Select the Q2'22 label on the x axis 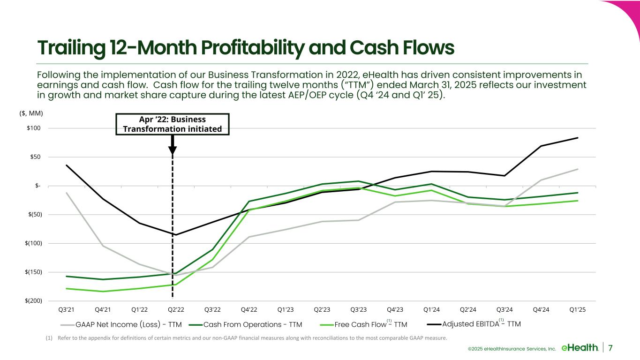click(x=176, y=309)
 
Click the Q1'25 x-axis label click(x=577, y=309)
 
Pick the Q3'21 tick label click(x=67, y=309)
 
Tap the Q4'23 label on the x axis click(x=395, y=309)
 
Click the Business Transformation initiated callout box click(x=172, y=124)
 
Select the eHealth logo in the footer click(x=580, y=347)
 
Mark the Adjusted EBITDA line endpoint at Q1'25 click(x=577, y=138)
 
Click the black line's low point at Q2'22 click(x=176, y=234)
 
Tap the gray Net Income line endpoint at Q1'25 click(x=577, y=169)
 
